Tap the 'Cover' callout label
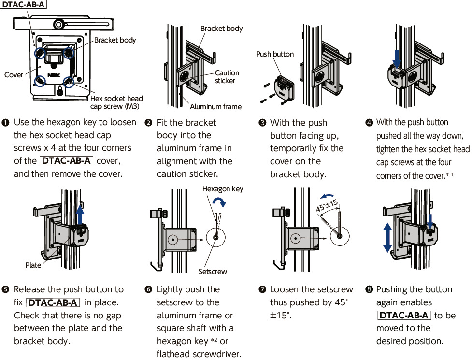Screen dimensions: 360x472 [x=14, y=75]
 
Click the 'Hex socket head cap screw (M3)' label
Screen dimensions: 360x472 [x=116, y=102]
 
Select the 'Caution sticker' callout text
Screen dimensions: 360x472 [x=227, y=77]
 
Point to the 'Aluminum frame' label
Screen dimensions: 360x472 [x=215, y=107]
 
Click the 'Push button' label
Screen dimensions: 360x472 [x=275, y=54]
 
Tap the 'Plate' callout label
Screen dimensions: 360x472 [x=33, y=265]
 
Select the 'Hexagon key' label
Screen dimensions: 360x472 [x=223, y=189]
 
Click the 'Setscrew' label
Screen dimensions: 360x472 [x=213, y=272]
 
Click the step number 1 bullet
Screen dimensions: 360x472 [x=6, y=123]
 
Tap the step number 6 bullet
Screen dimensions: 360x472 [x=149, y=290]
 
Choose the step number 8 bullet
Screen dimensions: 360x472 [x=370, y=290]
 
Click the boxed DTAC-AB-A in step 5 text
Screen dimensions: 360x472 [x=53, y=303]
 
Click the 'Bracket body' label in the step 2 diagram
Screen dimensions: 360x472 [x=221, y=29]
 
